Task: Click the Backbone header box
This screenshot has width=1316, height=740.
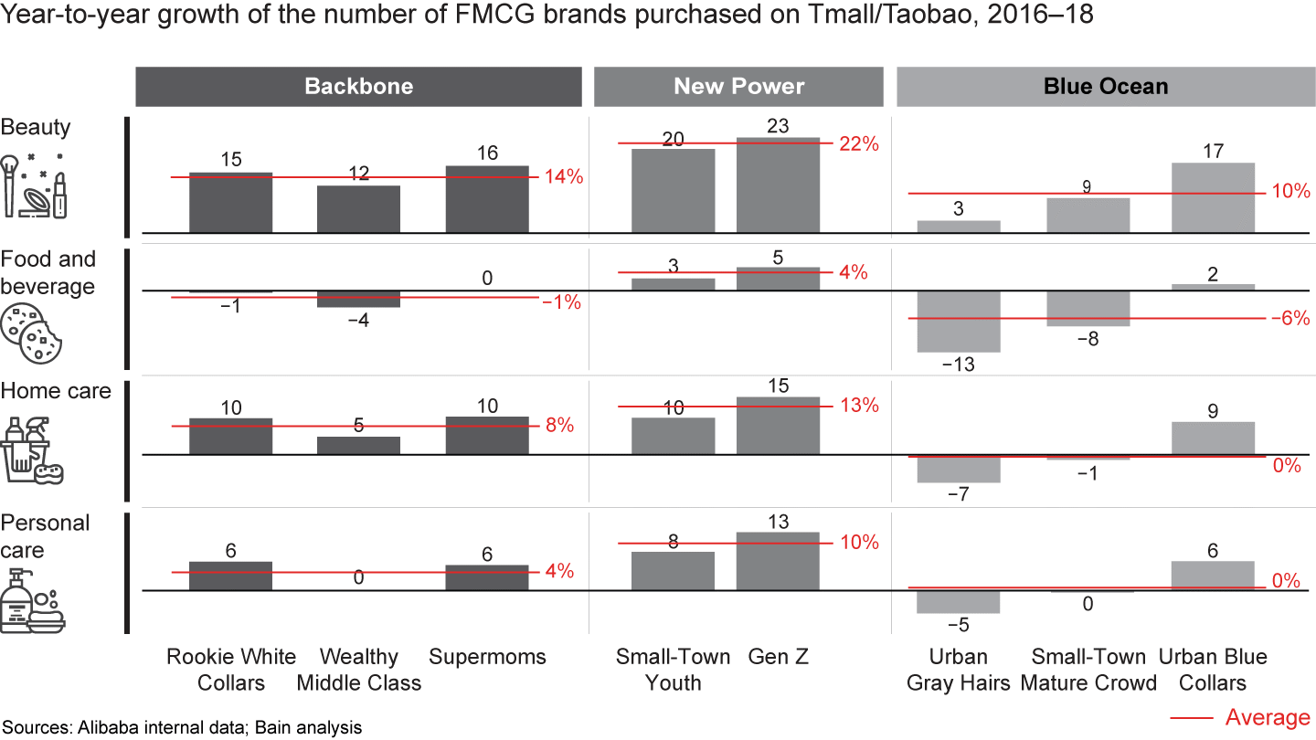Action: click(358, 87)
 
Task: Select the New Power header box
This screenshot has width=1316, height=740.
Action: click(738, 87)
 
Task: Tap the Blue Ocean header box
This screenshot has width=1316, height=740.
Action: click(1105, 87)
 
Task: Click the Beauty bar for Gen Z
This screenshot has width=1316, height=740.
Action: click(779, 185)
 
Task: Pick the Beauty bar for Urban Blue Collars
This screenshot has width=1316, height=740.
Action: click(1213, 197)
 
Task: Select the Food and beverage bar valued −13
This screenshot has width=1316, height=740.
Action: click(959, 321)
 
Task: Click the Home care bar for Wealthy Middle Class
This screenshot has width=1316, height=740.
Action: click(358, 445)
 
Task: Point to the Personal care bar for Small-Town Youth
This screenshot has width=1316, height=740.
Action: click(674, 571)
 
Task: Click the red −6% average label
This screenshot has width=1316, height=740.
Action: click(1289, 319)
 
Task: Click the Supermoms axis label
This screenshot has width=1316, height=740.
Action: click(487, 657)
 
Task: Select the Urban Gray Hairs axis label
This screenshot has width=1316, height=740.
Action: click(959, 670)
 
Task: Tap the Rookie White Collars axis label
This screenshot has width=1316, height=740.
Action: click(231, 670)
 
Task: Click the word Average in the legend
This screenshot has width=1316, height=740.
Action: click(1267, 717)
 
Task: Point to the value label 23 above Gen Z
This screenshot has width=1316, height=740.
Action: click(779, 126)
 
